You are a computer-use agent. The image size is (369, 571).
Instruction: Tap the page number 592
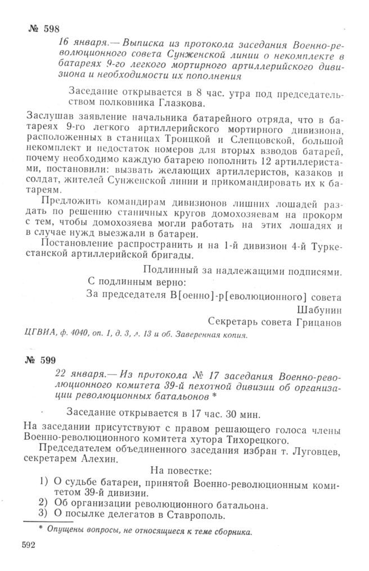coord(29,545)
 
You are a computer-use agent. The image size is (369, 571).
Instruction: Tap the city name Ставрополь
coord(196,515)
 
